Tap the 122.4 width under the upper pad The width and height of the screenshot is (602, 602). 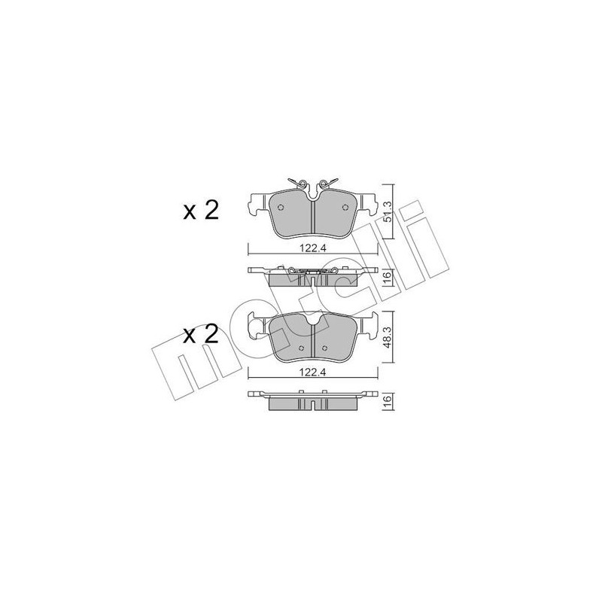click(313, 248)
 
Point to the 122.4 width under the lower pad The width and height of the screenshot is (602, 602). click(313, 372)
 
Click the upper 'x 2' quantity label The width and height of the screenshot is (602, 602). click(201, 211)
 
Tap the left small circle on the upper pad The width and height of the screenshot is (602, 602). click(281, 208)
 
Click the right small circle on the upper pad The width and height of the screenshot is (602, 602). click(345, 208)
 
